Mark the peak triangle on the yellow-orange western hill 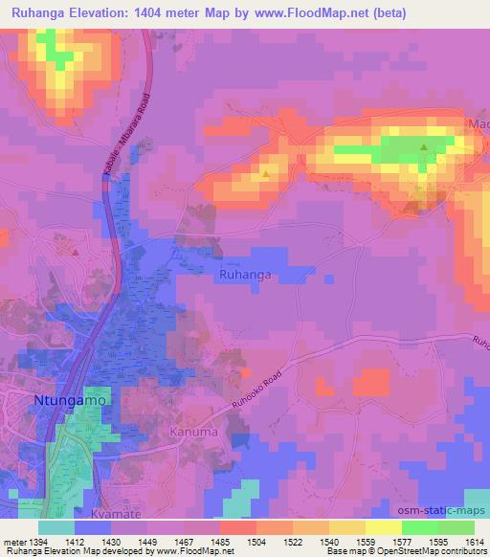pos(266,175)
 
